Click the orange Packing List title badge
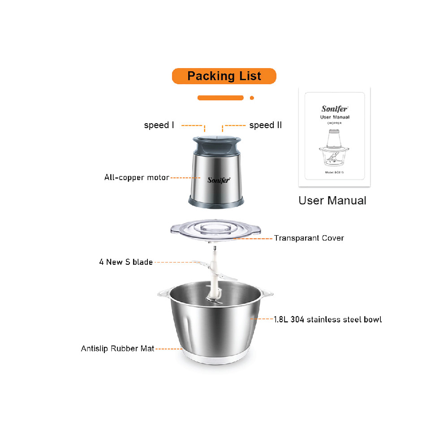click(224, 76)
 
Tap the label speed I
click(159, 125)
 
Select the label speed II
click(266, 125)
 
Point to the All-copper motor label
click(137, 178)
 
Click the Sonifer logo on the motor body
click(219, 180)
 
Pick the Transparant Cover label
click(309, 238)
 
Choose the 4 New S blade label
click(126, 262)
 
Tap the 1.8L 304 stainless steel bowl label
click(328, 319)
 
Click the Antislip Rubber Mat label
click(117, 349)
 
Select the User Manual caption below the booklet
click(332, 200)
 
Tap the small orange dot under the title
click(252, 98)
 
